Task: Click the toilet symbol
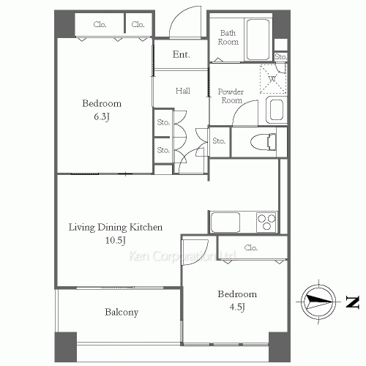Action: pos(263,142)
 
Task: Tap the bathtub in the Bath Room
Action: pos(258,40)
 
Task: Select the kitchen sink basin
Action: pos(225,223)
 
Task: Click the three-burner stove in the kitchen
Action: pos(266,223)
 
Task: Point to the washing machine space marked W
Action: pos(273,79)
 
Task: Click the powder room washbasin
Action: pos(277,110)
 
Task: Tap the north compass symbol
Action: pos(318,302)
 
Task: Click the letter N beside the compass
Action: pos(353,302)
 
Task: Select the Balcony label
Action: pos(122,313)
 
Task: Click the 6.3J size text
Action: pos(102,116)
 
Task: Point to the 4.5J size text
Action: pos(237,307)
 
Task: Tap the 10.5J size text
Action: pos(116,240)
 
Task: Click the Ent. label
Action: pos(181,54)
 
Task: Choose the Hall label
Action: pos(183,91)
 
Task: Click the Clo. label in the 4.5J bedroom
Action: pos(251,247)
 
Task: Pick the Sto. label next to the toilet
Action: pos(219,141)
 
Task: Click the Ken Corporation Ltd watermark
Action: pos(182,256)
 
